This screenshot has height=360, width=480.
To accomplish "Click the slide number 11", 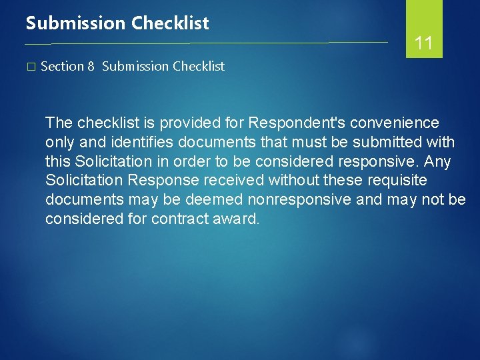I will click(424, 44).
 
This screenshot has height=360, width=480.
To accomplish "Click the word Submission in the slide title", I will click(75, 23).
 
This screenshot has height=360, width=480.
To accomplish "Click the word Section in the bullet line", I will click(62, 66).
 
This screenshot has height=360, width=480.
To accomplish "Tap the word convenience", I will click(393, 123).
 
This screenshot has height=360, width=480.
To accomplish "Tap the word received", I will click(227, 181).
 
